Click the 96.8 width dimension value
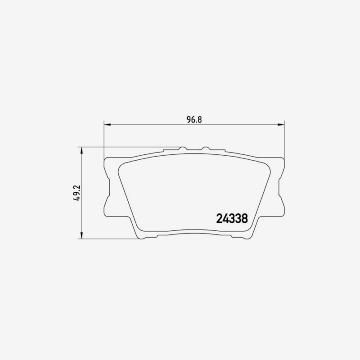(x=194, y=120)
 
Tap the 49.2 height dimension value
(x=76, y=193)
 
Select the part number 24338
(x=232, y=219)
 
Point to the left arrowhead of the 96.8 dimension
(x=108, y=125)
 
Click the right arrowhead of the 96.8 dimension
(x=281, y=125)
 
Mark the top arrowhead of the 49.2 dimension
(x=81, y=150)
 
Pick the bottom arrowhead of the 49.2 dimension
(x=81, y=235)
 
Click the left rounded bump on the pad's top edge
(x=183, y=148)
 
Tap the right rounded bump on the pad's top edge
(x=206, y=148)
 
